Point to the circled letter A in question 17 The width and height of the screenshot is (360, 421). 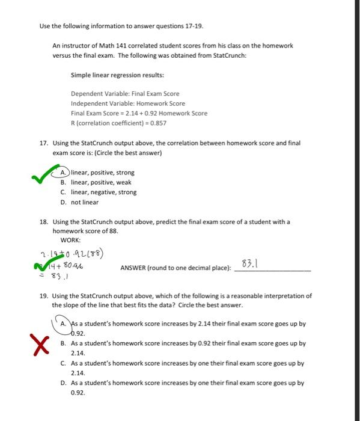coord(64,173)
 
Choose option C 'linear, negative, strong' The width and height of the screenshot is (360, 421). coord(103,192)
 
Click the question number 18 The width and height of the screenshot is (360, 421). coord(43,222)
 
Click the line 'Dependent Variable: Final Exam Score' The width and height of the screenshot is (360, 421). coord(125,94)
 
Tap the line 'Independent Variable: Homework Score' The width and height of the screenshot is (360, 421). coord(128,103)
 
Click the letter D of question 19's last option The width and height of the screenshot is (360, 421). coord(63,383)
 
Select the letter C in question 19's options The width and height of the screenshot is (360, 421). coord(63,363)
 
